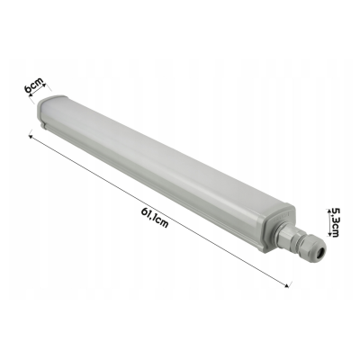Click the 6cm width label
click(34, 86)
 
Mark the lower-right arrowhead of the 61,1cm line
click(288, 285)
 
